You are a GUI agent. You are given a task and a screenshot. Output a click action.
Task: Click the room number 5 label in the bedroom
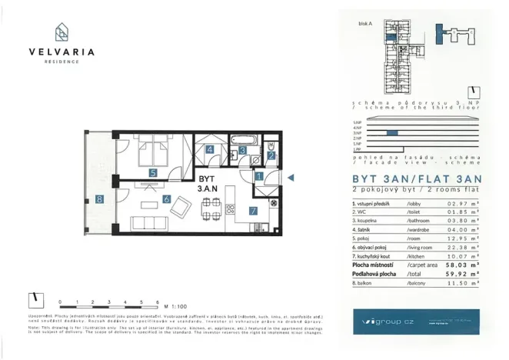click(x=154, y=173)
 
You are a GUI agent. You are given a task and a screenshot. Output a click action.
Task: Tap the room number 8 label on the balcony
click(x=100, y=199)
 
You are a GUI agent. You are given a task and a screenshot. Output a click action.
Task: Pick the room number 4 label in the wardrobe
click(x=209, y=151)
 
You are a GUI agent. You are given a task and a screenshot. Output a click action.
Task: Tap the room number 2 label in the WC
click(x=271, y=156)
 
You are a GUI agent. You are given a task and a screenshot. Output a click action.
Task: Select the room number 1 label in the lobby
click(x=259, y=176)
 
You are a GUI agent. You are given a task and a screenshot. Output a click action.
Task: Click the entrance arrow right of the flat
click(x=291, y=178)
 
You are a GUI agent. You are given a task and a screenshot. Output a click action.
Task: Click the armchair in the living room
click(x=181, y=205)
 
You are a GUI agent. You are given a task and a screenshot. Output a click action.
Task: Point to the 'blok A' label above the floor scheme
click(x=365, y=24)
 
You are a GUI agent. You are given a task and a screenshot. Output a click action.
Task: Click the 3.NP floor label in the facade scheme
click(x=356, y=133)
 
